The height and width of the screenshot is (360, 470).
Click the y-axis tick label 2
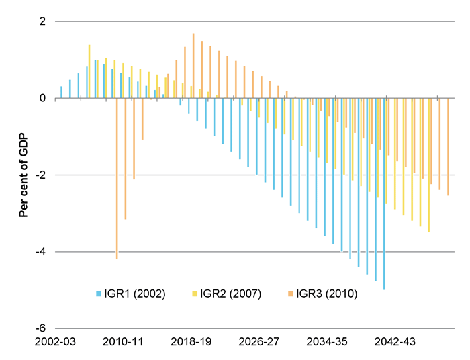(42, 21)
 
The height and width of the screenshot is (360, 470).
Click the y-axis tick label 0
(42, 98)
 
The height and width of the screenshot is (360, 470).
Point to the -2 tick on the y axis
(40, 175)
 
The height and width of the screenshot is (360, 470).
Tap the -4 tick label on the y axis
(40, 252)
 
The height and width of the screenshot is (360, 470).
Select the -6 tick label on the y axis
(40, 328)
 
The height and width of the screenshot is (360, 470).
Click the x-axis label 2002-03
(56, 342)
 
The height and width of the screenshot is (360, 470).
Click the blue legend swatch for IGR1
(99, 294)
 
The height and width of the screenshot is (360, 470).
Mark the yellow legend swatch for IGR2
(195, 294)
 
